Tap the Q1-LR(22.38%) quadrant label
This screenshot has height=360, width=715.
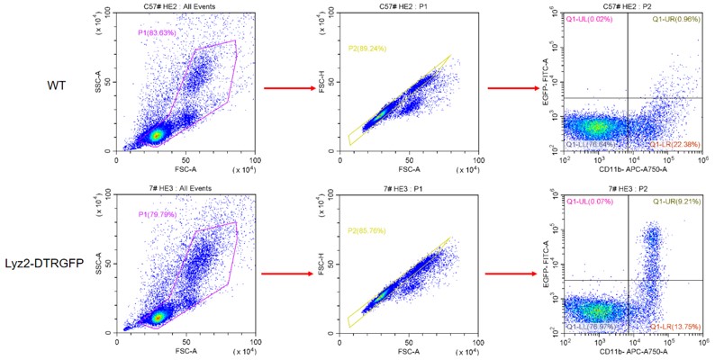675,144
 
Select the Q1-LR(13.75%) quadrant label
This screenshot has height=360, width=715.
675,326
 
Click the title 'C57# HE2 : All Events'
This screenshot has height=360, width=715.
186,6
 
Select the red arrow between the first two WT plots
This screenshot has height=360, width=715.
285,88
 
